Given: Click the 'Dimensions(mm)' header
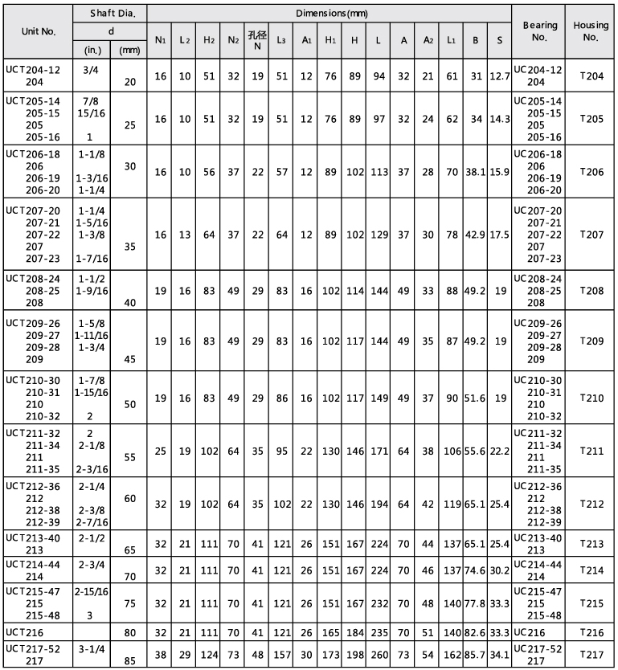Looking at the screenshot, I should pyautogui.click(x=329, y=14).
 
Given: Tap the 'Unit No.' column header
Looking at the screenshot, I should pyautogui.click(x=36, y=33).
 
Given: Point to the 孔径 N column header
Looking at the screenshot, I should pyautogui.click(x=258, y=39).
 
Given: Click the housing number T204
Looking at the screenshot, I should pyautogui.click(x=591, y=76).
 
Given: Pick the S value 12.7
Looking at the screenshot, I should pyautogui.click(x=500, y=76).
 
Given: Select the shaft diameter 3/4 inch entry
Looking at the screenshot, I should pyautogui.click(x=90, y=70).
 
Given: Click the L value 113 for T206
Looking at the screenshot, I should pyautogui.click(x=378, y=171).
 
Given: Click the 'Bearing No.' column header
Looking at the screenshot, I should pyautogui.click(x=539, y=31).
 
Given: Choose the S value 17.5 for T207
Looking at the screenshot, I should pyautogui.click(x=500, y=234).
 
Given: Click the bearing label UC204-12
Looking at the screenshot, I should pyautogui.click(x=538, y=70).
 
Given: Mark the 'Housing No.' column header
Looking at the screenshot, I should pyautogui.click(x=591, y=31).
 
